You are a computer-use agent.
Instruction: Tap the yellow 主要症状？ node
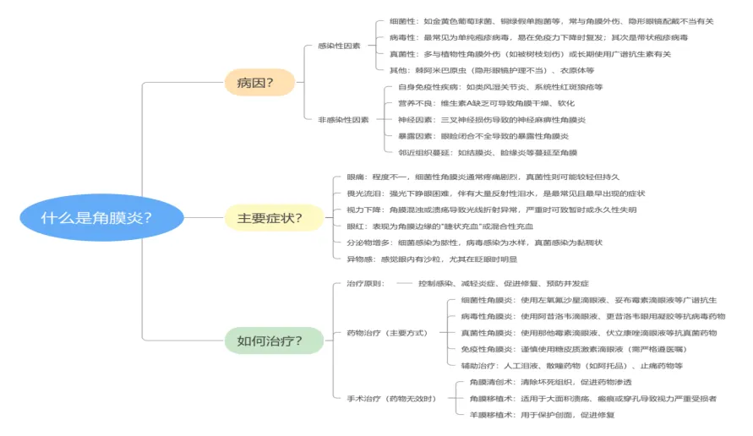[x=270, y=218]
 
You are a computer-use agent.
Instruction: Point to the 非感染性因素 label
[x=343, y=120]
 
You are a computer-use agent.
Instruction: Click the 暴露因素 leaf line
[x=483, y=136]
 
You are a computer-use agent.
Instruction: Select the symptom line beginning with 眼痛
[x=483, y=177]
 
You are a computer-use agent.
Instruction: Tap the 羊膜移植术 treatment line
[x=542, y=415]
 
